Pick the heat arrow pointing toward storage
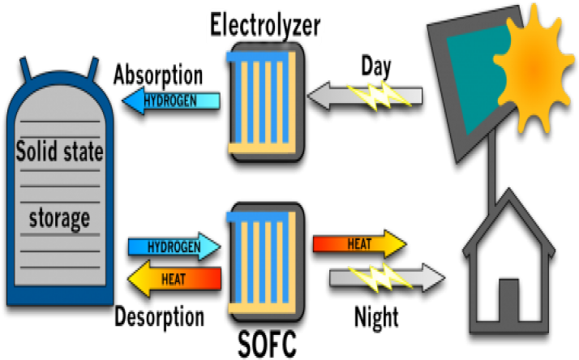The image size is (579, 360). point(174,279)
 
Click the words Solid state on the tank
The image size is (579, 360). point(60,151)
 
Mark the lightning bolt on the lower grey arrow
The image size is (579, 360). point(380,278)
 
